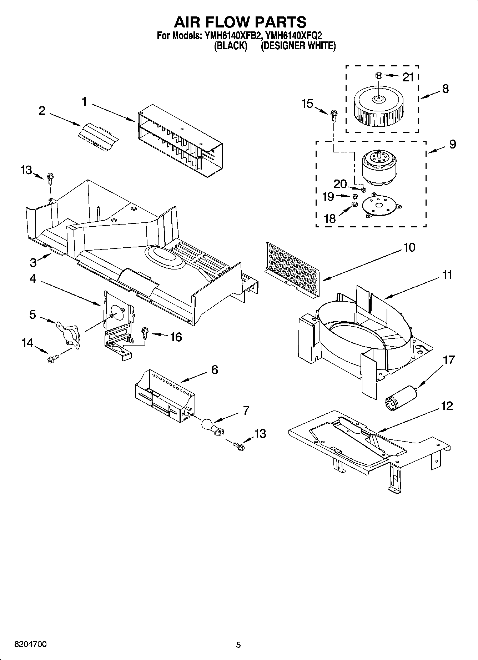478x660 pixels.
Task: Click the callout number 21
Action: (408, 77)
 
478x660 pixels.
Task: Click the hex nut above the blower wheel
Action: (379, 76)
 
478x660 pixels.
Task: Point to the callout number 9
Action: (452, 144)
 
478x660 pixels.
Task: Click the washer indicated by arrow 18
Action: (354, 204)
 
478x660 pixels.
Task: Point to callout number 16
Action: (176, 337)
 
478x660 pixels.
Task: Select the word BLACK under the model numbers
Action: (231, 46)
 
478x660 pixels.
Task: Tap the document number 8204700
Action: (30, 644)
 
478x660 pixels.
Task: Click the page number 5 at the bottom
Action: (238, 645)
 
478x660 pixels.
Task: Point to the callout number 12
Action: (447, 406)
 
